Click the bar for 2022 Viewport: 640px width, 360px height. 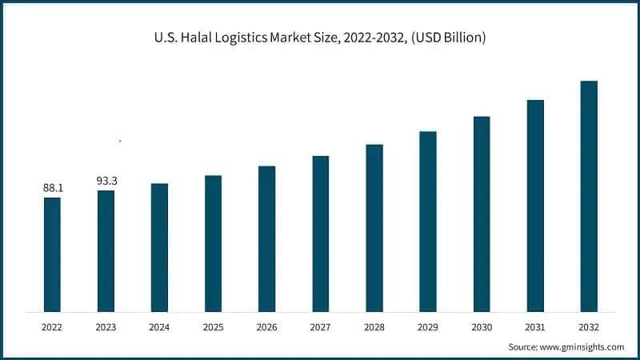(52, 254)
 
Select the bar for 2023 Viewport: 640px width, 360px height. (106, 251)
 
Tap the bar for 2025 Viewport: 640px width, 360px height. (213, 243)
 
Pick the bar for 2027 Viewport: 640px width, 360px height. (320, 234)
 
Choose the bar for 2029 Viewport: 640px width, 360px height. (428, 222)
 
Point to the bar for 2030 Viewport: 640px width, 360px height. (482, 214)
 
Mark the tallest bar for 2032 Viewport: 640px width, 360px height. (589, 196)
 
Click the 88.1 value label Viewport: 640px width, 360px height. (53, 187)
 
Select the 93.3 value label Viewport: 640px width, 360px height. (106, 181)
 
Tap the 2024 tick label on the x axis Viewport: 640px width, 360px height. (159, 327)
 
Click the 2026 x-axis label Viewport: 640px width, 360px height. (266, 327)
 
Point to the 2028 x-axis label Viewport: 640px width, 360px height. (374, 327)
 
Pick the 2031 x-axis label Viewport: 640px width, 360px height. (535, 327)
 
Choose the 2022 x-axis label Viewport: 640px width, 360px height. (52, 327)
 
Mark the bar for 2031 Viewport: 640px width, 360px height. (535, 206)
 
